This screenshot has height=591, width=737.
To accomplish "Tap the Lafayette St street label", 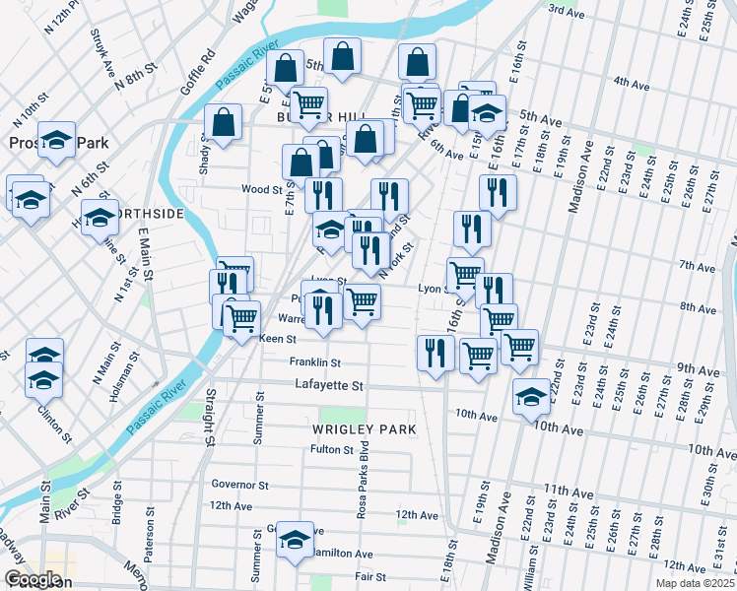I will pos(329,387).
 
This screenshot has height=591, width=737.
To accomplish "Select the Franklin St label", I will pos(314,362).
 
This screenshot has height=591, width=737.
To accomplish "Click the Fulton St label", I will pos(332,450).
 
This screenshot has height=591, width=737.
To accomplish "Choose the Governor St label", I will pos(239,485).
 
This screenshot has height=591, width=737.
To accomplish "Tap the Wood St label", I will pos(262,189).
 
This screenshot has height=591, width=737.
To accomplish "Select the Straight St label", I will pos(211,417).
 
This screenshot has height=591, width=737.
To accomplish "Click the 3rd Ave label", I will pos(566,10).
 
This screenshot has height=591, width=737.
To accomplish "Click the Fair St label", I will pos(370,576).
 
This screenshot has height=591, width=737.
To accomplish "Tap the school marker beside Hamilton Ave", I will pos(295,540).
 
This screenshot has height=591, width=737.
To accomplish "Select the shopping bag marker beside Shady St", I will pos(224,123).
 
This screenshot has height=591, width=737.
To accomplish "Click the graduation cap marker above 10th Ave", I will pos(531,397).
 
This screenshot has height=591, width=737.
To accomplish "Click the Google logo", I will pos(33,580).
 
